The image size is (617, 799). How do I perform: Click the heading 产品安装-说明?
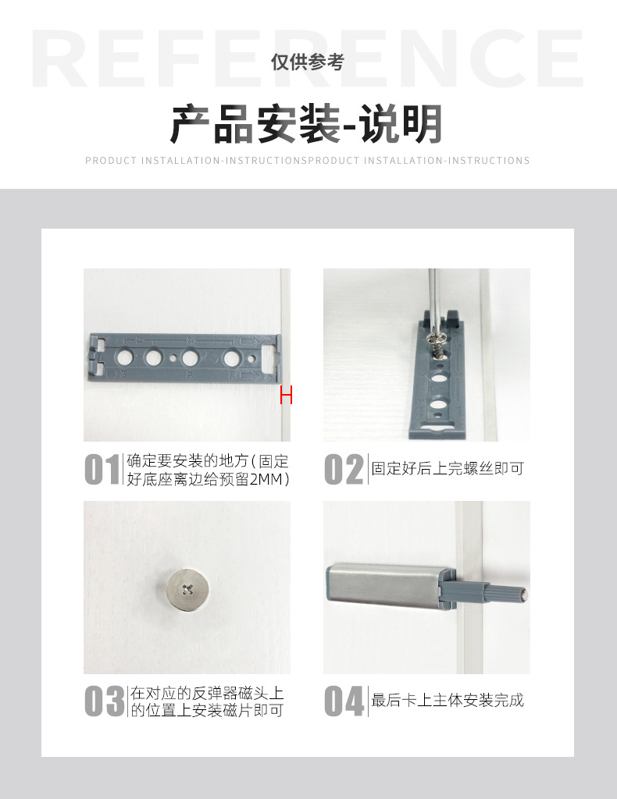click(307, 124)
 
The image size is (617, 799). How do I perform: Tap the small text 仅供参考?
click(307, 63)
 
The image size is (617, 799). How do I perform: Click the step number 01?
click(102, 470)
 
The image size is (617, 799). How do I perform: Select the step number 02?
click(344, 470)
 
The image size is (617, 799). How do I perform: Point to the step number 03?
click(104, 701)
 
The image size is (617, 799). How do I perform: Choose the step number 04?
click(344, 701)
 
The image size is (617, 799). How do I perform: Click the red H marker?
click(286, 396)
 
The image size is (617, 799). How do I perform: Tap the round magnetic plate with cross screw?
click(187, 588)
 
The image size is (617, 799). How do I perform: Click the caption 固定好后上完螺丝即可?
click(447, 469)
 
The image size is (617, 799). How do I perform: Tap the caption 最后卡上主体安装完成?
click(447, 701)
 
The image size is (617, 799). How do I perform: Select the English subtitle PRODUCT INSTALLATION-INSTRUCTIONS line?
click(307, 161)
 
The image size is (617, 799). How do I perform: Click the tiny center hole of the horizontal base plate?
click(173, 359)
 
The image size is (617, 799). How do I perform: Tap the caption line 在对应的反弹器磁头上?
click(207, 692)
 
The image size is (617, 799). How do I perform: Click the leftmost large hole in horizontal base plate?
click(124, 359)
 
